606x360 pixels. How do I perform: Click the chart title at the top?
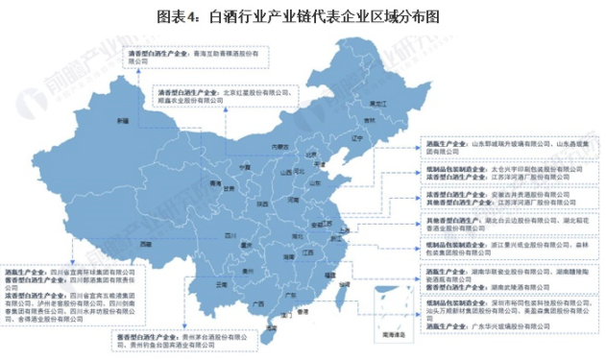coord(303,15)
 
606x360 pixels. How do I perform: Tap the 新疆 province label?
coord(122,121)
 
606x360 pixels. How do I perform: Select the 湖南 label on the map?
coord(288,258)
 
